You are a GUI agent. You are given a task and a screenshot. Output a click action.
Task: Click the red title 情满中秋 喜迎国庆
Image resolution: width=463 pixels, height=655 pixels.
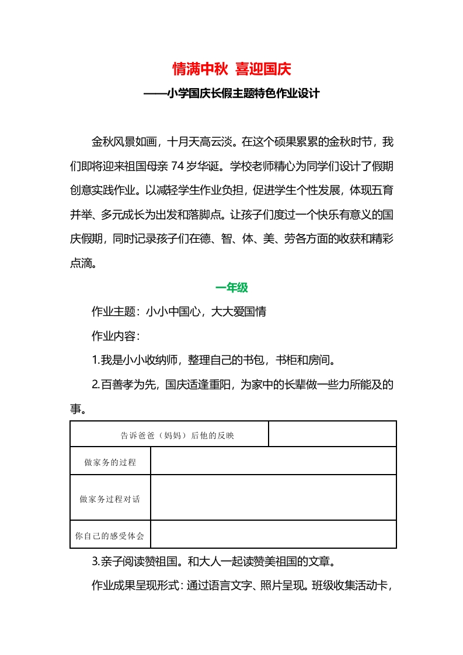pos(231,69)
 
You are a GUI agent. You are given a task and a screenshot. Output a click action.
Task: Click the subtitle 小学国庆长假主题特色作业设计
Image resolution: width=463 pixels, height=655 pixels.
pos(231,93)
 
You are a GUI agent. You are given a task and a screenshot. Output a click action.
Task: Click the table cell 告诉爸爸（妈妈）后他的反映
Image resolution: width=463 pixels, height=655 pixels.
pos(169,435)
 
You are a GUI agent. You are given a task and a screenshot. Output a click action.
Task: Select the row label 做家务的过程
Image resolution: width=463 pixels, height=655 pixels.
pos(110,462)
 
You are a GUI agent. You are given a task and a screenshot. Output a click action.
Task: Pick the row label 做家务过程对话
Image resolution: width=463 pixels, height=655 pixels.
pos(110,499)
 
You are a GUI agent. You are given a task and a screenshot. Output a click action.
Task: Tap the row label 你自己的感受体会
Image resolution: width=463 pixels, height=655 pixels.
pos(110,535)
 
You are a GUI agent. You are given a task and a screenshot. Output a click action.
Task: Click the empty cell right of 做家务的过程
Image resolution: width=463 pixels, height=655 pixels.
pos(273,461)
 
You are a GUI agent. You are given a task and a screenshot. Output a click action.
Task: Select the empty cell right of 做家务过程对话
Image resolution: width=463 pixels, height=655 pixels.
pos(273,497)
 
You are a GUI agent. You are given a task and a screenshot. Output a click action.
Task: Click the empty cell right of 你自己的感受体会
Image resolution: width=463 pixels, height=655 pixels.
pos(273,534)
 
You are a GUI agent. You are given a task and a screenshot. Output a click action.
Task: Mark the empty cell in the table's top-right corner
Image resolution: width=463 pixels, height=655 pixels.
pos(332,434)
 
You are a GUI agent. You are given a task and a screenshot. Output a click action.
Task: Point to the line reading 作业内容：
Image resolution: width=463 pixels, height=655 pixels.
pos(116,336)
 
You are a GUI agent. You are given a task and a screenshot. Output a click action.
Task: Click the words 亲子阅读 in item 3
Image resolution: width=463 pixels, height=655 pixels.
pos(123,563)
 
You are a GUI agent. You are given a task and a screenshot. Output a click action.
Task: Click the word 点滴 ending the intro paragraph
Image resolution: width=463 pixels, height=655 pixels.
pos(81,263)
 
